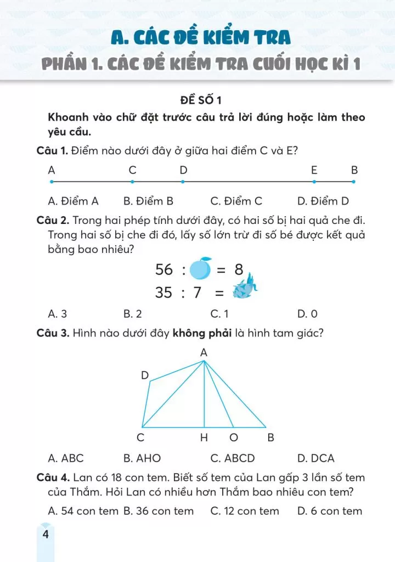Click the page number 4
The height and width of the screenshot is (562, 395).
pyautogui.click(x=45, y=534)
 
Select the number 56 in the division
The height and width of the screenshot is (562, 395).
pyautogui.click(x=164, y=269)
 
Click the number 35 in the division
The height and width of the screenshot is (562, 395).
pyautogui.click(x=164, y=293)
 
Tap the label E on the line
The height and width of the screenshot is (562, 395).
pyautogui.click(x=314, y=170)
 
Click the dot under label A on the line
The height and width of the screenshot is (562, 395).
pyautogui.click(x=52, y=182)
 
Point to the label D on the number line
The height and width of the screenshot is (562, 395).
pyautogui.click(x=183, y=170)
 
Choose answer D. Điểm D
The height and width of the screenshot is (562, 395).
pyautogui.click(x=323, y=201)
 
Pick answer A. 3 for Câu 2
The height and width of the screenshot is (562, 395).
pyautogui.click(x=58, y=314)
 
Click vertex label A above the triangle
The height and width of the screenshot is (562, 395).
pyautogui.click(x=204, y=353)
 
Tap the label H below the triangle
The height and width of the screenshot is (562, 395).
pyautogui.click(x=204, y=438)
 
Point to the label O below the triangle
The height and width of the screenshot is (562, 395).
pyautogui.click(x=234, y=438)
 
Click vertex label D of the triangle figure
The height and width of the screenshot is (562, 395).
pyautogui.click(x=145, y=375)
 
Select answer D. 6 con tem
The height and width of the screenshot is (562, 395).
pyautogui.click(x=330, y=511)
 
